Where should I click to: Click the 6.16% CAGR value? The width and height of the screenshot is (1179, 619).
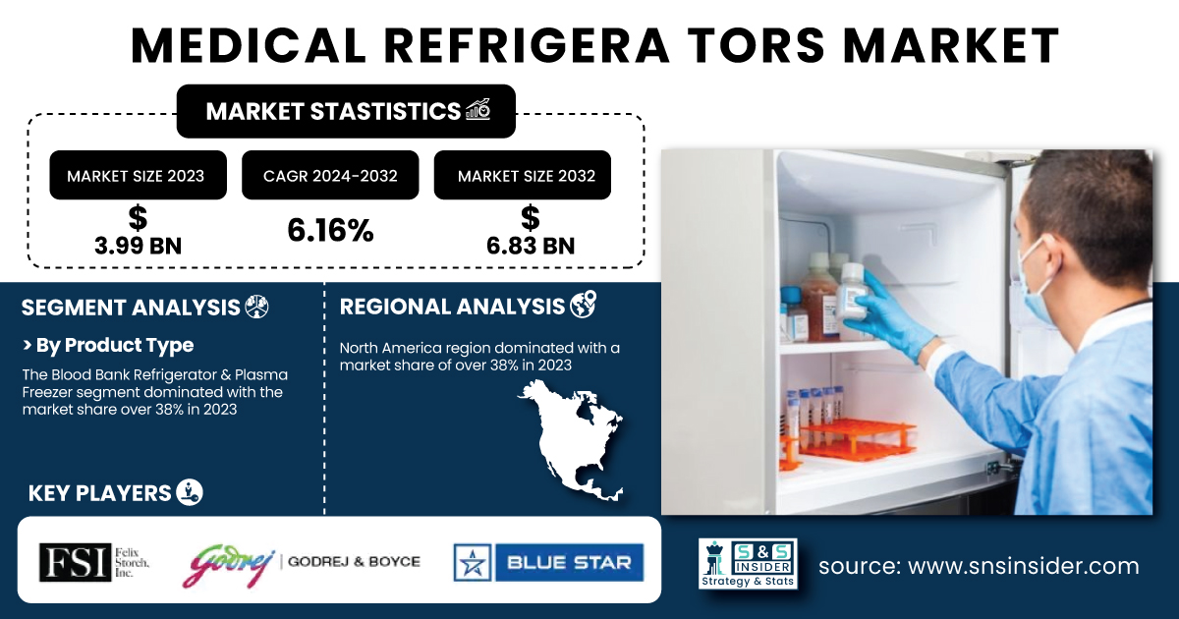330,230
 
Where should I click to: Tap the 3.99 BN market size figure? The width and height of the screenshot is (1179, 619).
138,246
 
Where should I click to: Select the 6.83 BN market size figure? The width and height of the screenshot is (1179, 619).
531,246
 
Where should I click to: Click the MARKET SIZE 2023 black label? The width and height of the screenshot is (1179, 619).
138,175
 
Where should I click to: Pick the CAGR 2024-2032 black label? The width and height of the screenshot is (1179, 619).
330,175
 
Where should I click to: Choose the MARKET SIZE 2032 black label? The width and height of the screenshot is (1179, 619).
523,175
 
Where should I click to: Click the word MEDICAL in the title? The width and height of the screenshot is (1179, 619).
249,46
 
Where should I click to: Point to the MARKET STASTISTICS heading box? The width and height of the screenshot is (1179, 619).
346,111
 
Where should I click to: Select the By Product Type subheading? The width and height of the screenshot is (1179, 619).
108,345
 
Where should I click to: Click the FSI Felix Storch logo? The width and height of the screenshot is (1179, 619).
94,562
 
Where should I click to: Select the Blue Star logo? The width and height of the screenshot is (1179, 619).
548,562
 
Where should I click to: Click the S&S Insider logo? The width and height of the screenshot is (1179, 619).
748,563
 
